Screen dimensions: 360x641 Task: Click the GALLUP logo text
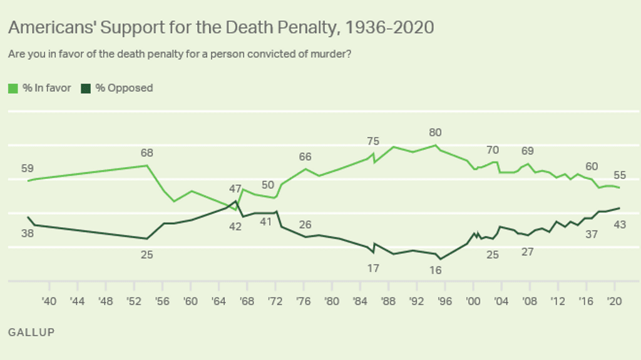click(x=31, y=332)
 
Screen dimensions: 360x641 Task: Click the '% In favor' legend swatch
click(x=13, y=88)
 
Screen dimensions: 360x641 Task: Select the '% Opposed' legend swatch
click(x=86, y=88)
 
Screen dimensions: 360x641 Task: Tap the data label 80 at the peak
click(x=435, y=133)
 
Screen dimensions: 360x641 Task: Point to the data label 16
click(x=435, y=270)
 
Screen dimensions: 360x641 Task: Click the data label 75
click(x=373, y=141)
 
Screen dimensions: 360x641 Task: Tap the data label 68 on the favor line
click(x=147, y=153)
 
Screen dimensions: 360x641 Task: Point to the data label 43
click(x=619, y=225)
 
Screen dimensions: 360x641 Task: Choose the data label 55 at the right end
click(x=619, y=175)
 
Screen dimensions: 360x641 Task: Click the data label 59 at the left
click(x=27, y=168)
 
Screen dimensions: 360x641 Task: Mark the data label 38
click(x=27, y=234)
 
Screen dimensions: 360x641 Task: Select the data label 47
click(x=235, y=188)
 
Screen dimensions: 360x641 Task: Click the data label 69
click(x=528, y=151)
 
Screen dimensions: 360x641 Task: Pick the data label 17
click(x=373, y=268)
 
